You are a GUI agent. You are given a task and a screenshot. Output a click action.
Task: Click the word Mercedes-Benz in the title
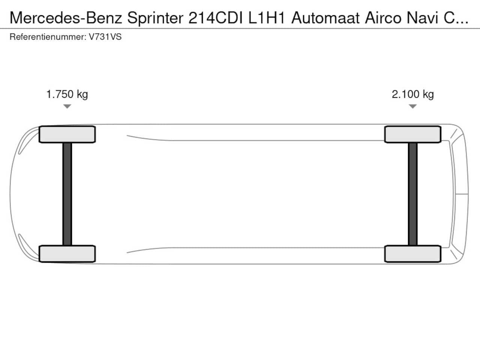[66, 18]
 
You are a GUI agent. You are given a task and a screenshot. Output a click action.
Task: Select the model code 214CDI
[216, 18]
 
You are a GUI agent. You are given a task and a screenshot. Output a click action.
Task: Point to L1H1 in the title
[267, 18]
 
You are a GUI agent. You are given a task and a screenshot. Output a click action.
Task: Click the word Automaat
[325, 18]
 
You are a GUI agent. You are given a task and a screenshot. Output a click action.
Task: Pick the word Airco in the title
[383, 18]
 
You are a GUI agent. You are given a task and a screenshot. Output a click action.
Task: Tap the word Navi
[423, 18]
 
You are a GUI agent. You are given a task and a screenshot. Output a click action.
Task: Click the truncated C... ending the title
[456, 18]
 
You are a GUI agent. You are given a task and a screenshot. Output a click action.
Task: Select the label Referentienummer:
[48, 37]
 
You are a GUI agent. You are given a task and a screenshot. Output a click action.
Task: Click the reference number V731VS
[105, 37]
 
